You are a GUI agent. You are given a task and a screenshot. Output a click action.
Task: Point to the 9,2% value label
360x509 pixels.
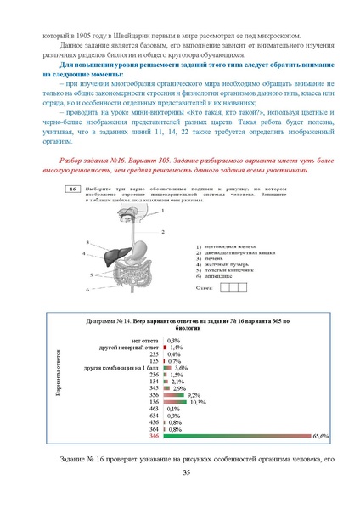pos(194,371)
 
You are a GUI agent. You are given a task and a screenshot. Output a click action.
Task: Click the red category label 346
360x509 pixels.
pos(154,435)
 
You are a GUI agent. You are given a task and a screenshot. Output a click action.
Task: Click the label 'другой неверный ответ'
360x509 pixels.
pos(128,323)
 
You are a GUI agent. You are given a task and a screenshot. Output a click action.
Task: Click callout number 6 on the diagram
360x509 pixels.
pos(87,290)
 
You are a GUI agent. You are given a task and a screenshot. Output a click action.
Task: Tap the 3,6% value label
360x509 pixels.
pos(180,343)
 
